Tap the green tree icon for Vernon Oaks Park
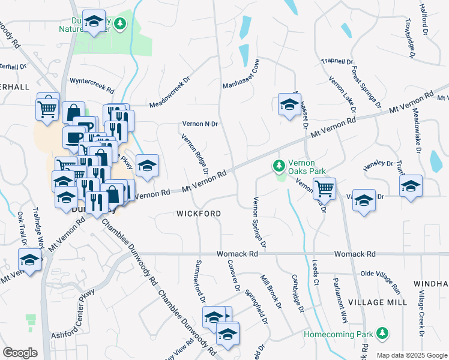(279, 164)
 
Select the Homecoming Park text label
(338, 333)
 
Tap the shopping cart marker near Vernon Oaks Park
(324, 188)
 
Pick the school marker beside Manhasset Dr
(289, 104)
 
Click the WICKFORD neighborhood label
(199, 214)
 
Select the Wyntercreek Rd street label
(92, 85)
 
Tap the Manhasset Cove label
(241, 74)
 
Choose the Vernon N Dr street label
(199, 124)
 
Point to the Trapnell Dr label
(337, 61)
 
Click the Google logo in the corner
(20, 353)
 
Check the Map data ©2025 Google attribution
(411, 355)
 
